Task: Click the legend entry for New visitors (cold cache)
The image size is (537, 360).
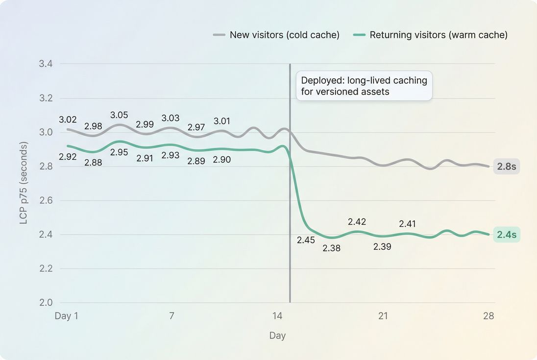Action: [277, 35]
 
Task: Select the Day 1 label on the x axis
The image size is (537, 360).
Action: [66, 316]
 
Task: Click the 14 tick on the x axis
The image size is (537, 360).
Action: [277, 316]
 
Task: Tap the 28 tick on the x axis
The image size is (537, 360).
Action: [488, 316]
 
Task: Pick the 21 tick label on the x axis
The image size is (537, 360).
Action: [383, 316]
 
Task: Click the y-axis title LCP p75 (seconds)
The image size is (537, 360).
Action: [24, 183]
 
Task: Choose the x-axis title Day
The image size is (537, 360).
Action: [277, 336]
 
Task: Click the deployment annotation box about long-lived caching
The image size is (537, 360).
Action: [364, 86]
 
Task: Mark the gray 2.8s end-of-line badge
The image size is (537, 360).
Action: [506, 167]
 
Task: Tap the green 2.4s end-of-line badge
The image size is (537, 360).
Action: [506, 235]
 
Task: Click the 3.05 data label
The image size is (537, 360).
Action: [119, 115]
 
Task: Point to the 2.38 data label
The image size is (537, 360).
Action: [331, 248]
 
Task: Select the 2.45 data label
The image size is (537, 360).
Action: [306, 240]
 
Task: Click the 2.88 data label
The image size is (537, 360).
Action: [93, 163]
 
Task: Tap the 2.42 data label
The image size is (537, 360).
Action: [357, 222]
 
